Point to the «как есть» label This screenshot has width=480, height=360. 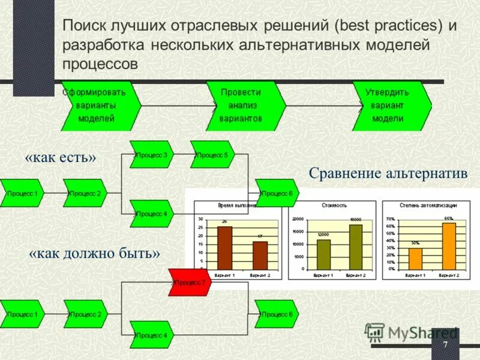(x=61, y=158)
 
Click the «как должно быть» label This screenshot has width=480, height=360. (x=95, y=253)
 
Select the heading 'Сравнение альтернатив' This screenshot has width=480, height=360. (x=388, y=173)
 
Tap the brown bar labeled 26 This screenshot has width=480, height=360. (x=224, y=248)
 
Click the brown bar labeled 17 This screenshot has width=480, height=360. (x=260, y=255)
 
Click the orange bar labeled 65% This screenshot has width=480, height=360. (x=449, y=246)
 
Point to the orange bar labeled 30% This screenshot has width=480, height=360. (x=415, y=259)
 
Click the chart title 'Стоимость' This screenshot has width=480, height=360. (x=334, y=205)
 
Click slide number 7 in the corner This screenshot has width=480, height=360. (x=445, y=346)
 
